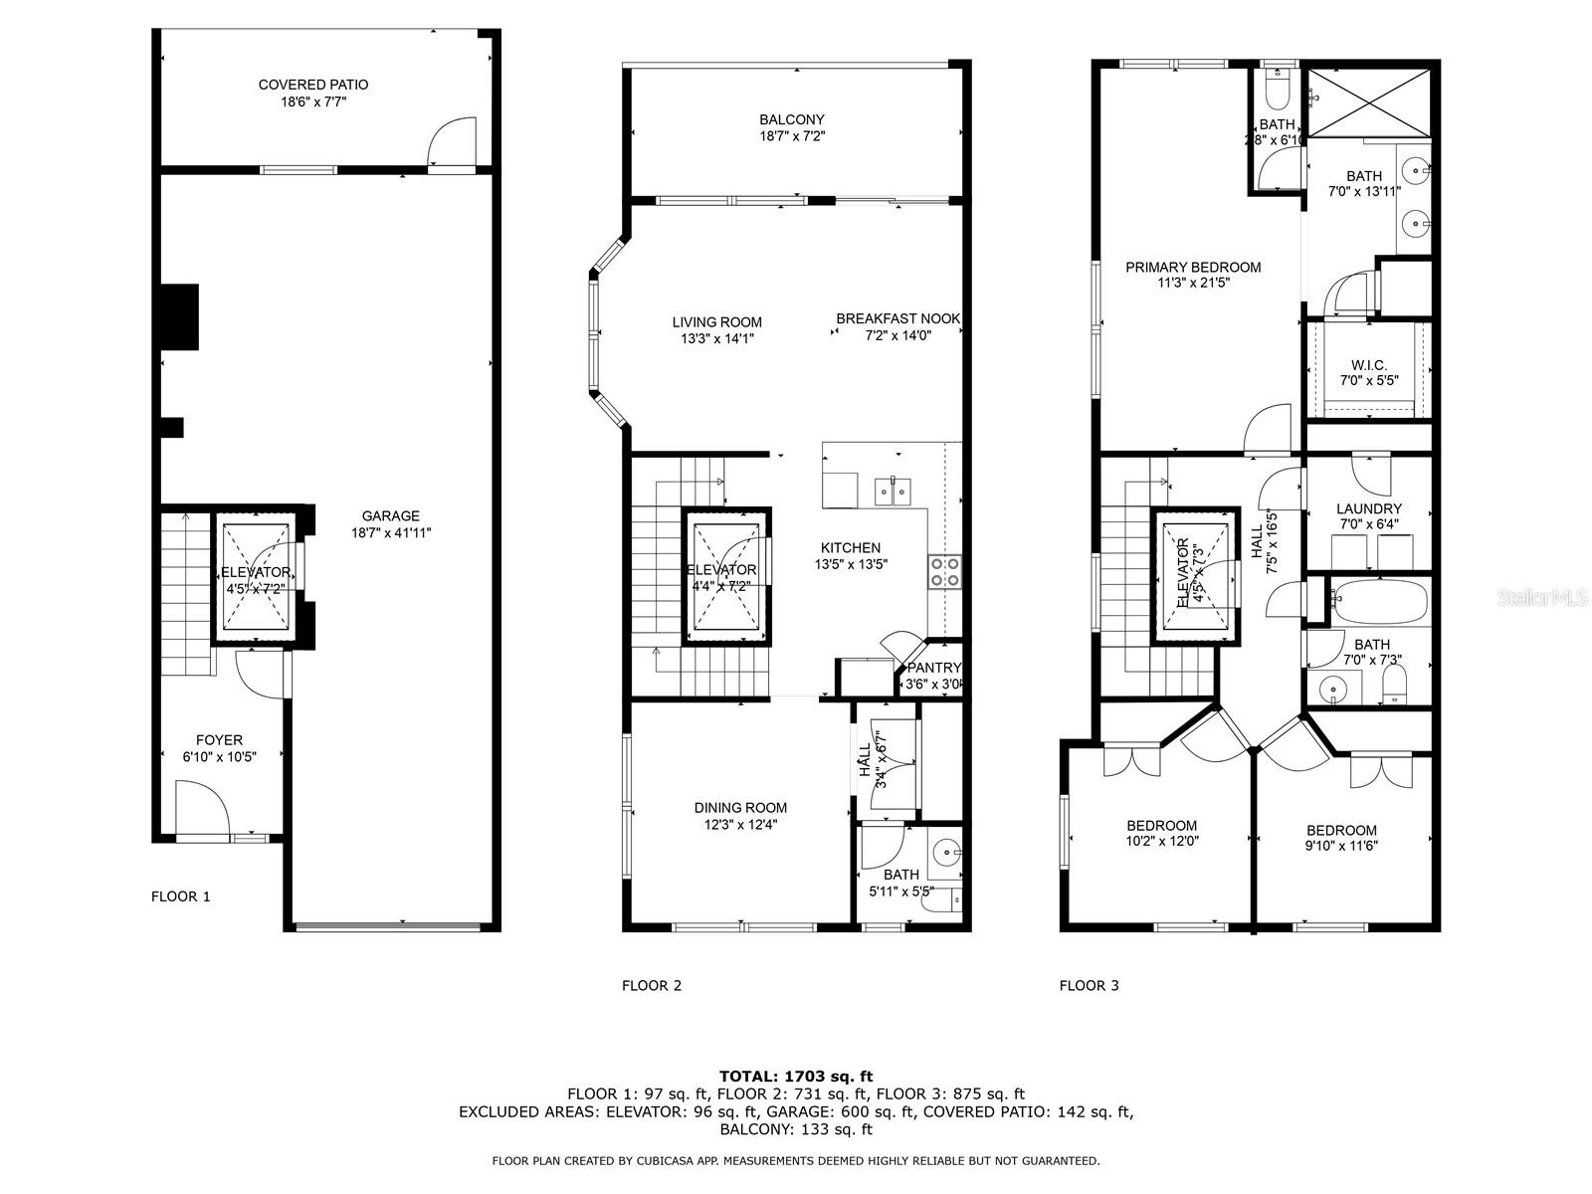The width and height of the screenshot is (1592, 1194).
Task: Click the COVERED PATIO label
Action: coord(313,85)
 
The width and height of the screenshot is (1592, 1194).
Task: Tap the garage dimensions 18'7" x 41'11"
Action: coord(391,532)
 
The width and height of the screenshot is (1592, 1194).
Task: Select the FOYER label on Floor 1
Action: coord(219,740)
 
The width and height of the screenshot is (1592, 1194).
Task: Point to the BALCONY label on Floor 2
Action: coord(792,119)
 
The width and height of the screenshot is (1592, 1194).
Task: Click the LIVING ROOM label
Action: coord(716,321)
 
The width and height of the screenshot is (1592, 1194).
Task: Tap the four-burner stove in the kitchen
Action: coord(944,571)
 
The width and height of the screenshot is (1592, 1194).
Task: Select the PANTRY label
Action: coord(933,668)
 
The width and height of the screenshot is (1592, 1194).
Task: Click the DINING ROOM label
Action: coord(740,808)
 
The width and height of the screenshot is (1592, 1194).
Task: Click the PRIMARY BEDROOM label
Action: coord(1193,267)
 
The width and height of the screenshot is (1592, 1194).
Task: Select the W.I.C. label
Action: coord(1369,365)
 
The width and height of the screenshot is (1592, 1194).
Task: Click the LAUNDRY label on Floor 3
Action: coord(1369,508)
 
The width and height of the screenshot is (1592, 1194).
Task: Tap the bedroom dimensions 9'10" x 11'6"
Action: coord(1341,847)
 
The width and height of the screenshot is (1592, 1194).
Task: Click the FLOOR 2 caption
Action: coord(652,986)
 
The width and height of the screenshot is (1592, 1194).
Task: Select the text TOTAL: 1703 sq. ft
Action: coord(796,1076)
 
